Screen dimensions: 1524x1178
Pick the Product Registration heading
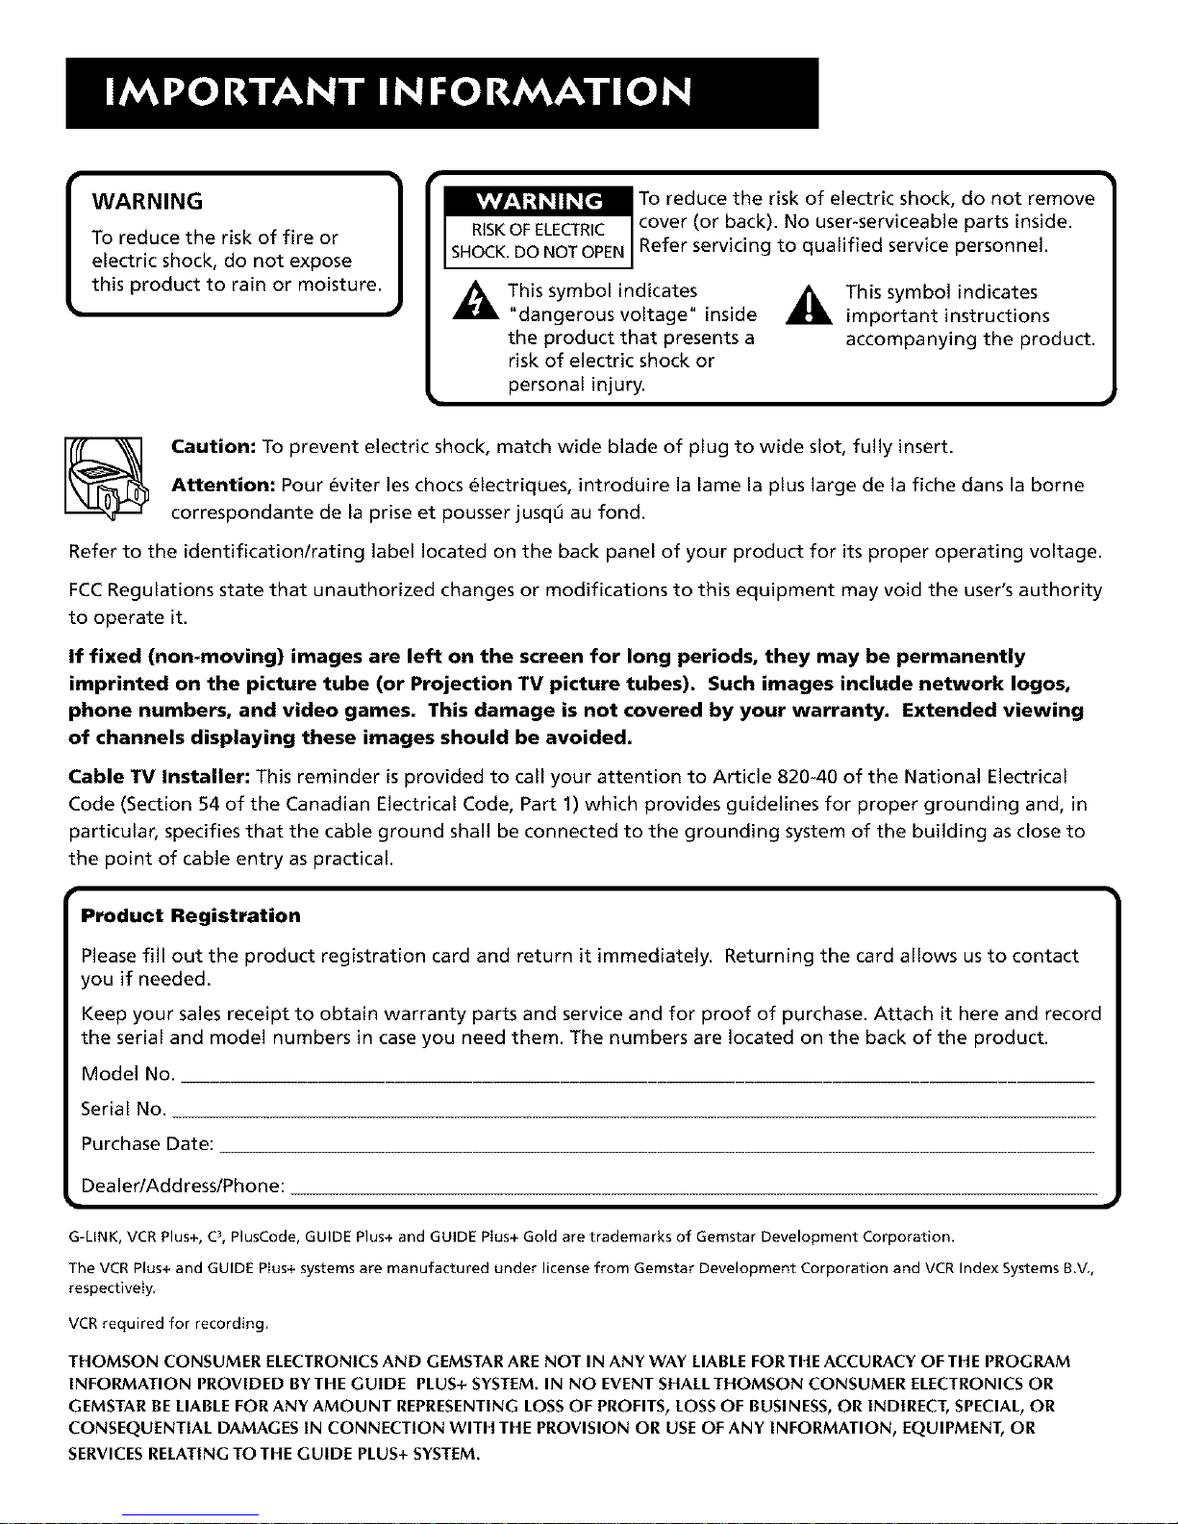click(x=190, y=915)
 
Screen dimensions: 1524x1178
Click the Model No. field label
click(x=128, y=1073)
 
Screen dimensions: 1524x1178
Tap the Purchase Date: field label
click(x=147, y=1144)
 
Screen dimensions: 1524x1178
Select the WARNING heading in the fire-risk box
click(x=146, y=201)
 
